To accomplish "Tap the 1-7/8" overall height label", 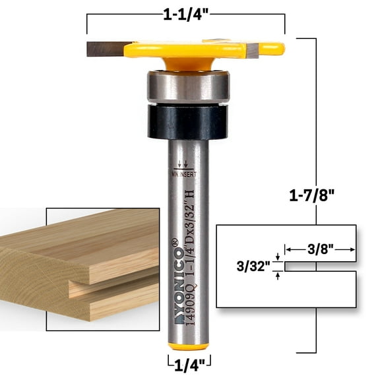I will pos(313,196).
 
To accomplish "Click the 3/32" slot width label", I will pos(253,267).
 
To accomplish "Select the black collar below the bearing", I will pos(188,123).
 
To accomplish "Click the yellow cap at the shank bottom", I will pos(189,346).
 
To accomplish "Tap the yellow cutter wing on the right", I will pos(264,49).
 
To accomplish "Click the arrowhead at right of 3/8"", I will pos(354,249).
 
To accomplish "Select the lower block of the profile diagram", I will pos(286,290).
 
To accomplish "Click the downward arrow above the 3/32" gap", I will pos(278,258).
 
